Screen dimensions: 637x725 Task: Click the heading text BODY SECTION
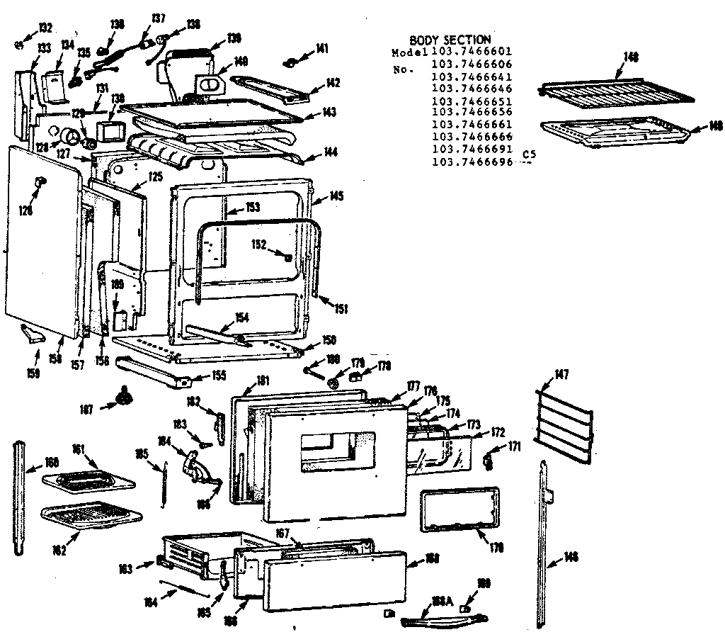click(x=450, y=40)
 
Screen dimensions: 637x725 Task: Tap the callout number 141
click(x=322, y=48)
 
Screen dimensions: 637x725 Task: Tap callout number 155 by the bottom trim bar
click(x=219, y=376)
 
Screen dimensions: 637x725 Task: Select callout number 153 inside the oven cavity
click(x=253, y=207)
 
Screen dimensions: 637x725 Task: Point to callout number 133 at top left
click(x=44, y=47)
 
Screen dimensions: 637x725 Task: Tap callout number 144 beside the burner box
click(x=331, y=152)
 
